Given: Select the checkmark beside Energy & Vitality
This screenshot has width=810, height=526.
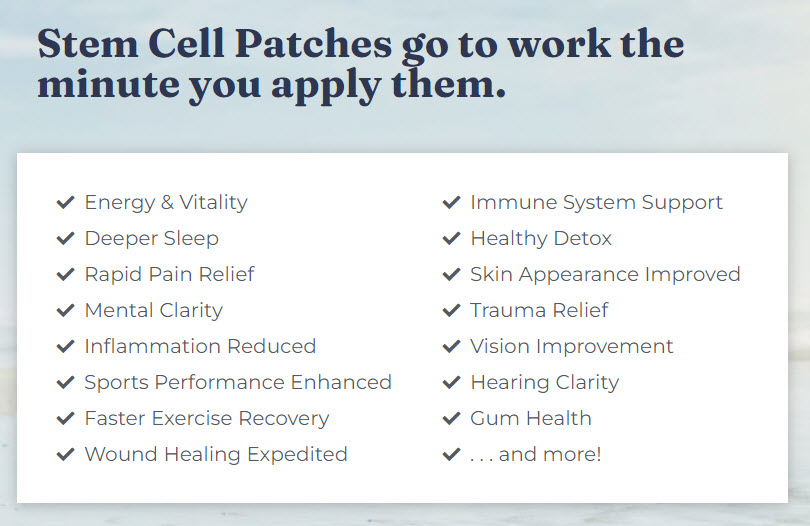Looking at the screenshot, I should [x=66, y=203].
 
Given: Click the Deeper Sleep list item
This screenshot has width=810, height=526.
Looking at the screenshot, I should [x=151, y=238].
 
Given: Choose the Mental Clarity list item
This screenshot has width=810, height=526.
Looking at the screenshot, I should [x=153, y=310].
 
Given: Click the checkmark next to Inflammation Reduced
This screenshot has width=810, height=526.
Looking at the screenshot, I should [x=66, y=347].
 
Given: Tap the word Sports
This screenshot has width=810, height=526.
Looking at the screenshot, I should [x=116, y=382].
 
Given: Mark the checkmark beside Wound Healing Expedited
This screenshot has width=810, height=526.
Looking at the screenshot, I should [x=66, y=455].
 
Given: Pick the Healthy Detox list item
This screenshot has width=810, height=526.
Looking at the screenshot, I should [x=540, y=238].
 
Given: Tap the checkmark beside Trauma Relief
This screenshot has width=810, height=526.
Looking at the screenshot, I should [x=451, y=311].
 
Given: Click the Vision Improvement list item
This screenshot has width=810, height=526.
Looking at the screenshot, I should [x=571, y=346].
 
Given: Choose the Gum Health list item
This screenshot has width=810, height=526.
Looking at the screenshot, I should [x=530, y=418].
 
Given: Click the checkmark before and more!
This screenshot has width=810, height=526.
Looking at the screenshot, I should [x=451, y=455].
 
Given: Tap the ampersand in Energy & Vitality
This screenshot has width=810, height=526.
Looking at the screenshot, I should [x=166, y=203].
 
